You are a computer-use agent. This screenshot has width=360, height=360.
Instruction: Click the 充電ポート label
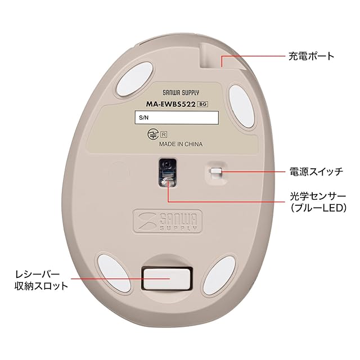click(311, 56)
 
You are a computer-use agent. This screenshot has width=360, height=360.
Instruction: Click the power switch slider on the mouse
click(217, 171)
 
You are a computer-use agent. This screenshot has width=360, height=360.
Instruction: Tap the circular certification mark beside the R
click(151, 134)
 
